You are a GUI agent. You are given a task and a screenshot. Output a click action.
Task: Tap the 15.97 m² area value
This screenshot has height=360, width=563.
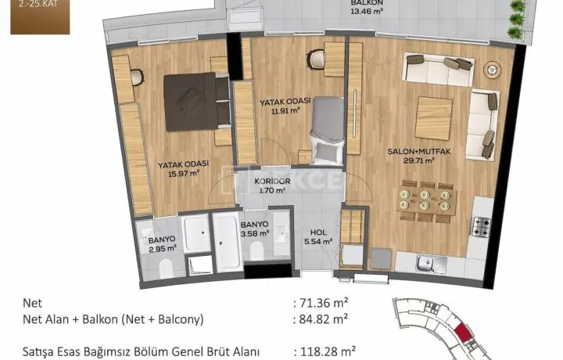pos(184,174)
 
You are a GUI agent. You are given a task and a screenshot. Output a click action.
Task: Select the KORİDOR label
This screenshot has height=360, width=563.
pos(272,181)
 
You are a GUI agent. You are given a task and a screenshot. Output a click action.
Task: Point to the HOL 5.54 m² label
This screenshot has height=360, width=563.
pos(318,237)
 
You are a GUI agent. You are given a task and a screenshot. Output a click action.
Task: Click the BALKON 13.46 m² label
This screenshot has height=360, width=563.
pos(367,7)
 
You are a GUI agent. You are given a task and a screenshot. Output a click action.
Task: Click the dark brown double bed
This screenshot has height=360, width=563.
pos(196,102)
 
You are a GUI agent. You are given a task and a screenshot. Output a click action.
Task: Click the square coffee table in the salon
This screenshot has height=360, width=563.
pos(433,118)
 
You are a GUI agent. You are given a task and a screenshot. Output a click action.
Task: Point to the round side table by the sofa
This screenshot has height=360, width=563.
pos(492,70)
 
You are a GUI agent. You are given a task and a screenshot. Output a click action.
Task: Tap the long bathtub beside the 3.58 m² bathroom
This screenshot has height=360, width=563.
pos(227,242)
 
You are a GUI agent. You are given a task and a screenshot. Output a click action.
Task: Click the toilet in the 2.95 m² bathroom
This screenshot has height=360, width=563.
pos(166,268)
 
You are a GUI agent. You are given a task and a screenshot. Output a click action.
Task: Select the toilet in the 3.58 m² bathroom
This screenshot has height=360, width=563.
pos(256,250)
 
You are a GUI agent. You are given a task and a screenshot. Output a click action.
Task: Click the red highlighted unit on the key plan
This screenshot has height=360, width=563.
pos(462,333)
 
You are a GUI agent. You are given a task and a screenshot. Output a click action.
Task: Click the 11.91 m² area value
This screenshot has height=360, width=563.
pos(286,110)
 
